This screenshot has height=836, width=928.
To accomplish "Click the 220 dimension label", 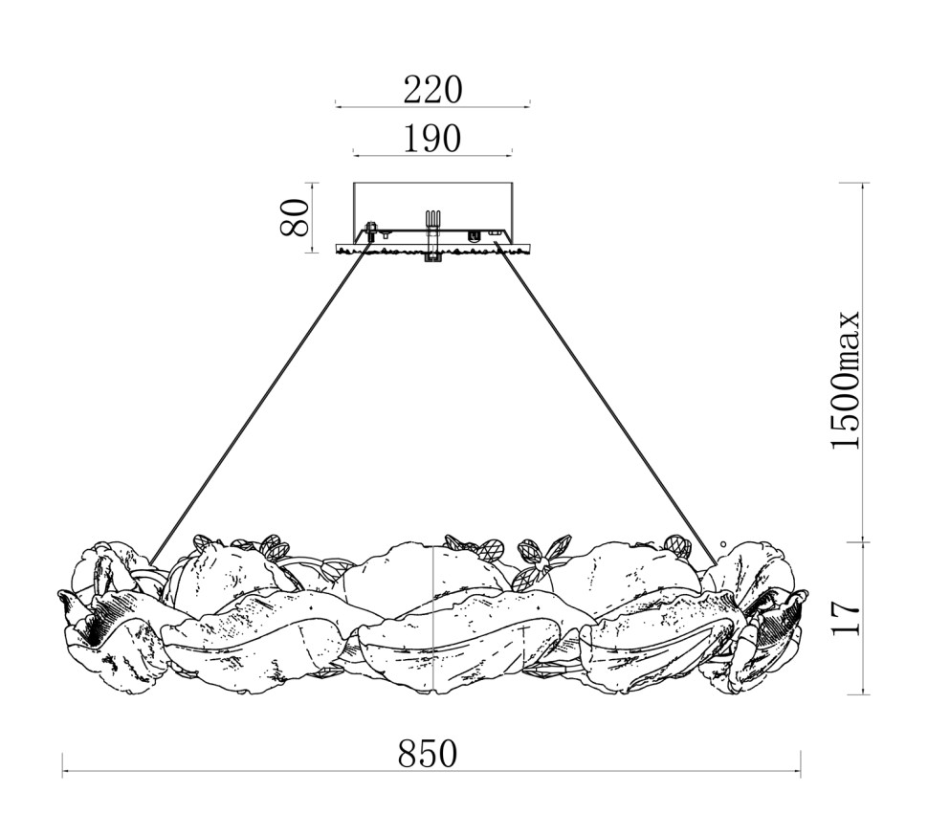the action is point(432,91).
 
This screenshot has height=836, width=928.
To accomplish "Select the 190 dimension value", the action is point(432,139).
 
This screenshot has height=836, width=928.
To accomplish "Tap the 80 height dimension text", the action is point(295,217).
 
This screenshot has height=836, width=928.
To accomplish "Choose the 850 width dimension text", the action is point(428,754).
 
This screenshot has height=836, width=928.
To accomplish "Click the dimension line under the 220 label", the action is point(432,106).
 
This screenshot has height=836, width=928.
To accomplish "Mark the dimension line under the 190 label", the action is point(432,156).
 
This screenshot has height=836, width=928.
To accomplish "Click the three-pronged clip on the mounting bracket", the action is point(433,218).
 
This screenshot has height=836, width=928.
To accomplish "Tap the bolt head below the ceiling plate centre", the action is point(433,257).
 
